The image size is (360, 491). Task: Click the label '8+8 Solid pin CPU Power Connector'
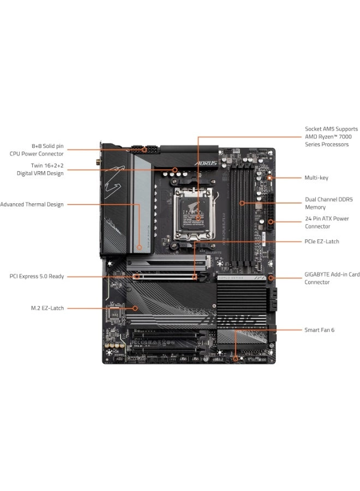click(40, 150)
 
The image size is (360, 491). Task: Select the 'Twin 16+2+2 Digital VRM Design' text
click(40, 169)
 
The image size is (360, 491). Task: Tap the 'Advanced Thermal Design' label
click(32, 205)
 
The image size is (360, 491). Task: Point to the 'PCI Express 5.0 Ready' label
click(37, 277)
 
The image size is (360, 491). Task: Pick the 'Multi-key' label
click(316, 178)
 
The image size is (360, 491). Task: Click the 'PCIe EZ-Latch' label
click(322, 241)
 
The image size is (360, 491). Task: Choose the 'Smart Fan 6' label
click(320, 330)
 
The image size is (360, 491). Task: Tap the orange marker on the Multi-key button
click(270, 178)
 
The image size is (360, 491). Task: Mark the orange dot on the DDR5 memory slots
click(243, 203)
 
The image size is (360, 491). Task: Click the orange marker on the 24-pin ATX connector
click(271, 222)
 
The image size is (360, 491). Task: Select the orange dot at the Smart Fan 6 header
click(235, 359)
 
